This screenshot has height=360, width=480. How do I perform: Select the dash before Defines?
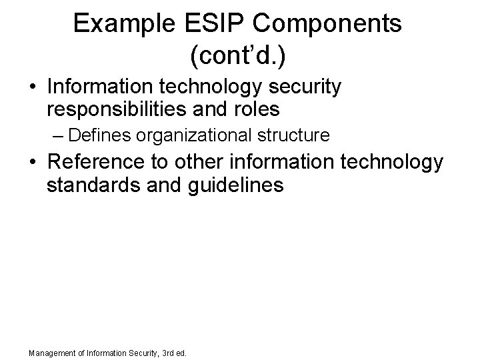(x=57, y=136)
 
